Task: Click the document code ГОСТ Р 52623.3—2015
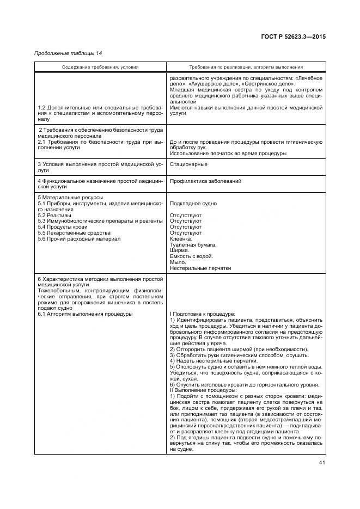click(295, 36)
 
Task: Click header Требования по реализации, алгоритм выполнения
click(246, 67)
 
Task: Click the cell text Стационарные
click(188, 163)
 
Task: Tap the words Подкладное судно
click(193, 204)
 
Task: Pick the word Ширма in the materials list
click(180, 250)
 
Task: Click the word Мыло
click(178, 262)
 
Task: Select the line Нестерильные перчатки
click(200, 268)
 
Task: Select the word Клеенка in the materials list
click(181, 238)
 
